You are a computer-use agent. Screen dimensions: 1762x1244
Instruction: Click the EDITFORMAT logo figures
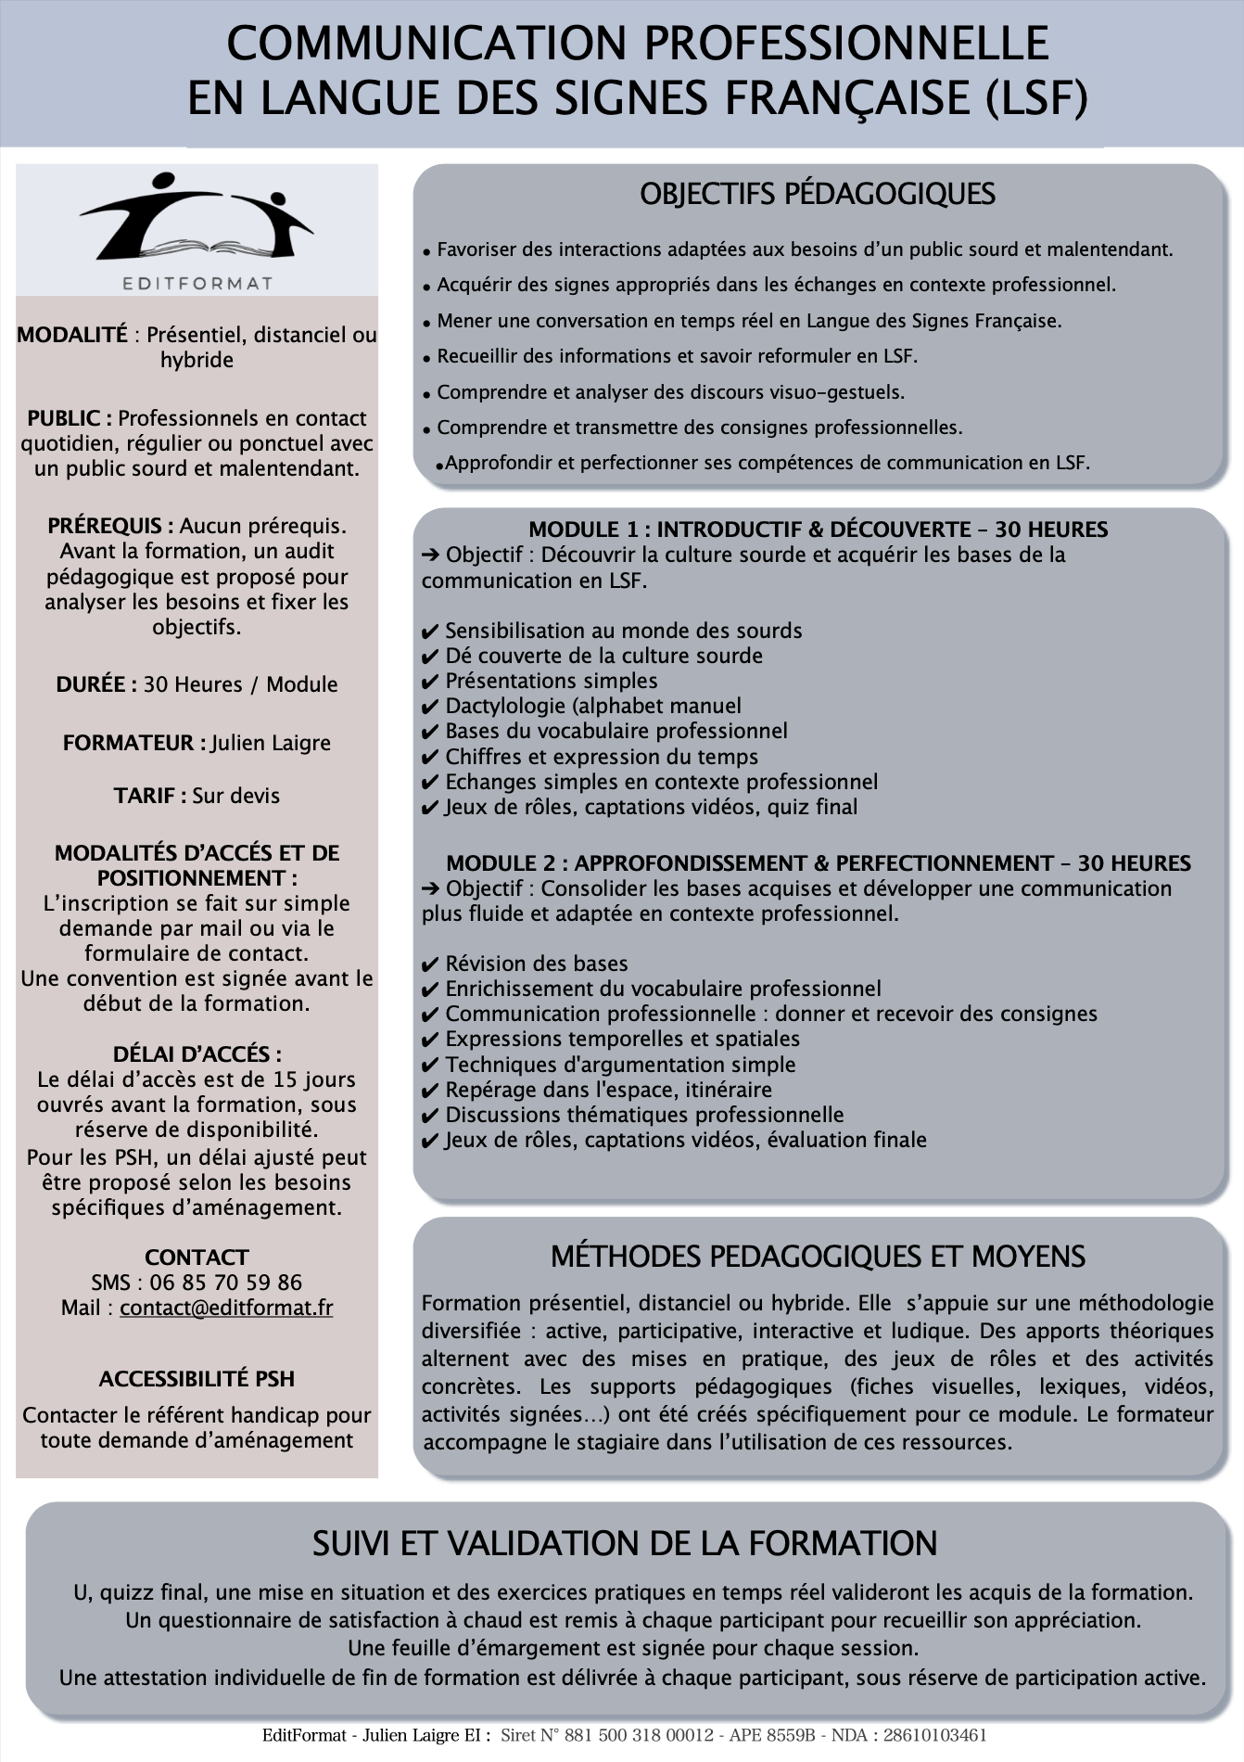pyautogui.click(x=197, y=217)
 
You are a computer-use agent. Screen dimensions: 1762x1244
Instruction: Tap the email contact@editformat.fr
pyautogui.click(x=226, y=1308)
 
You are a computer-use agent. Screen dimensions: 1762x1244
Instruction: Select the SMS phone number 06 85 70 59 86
pyautogui.click(x=226, y=1283)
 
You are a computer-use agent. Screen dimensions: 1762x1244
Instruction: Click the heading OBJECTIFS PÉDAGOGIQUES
pyautogui.click(x=817, y=194)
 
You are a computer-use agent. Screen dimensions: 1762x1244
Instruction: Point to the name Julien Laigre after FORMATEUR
pyautogui.click(x=271, y=743)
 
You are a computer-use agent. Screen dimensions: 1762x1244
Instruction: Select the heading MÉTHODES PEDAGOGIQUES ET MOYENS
pyautogui.click(x=818, y=1257)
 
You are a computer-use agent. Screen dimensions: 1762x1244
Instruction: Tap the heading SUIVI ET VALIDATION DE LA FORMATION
pyautogui.click(x=624, y=1543)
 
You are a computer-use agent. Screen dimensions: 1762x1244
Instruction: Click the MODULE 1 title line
pyautogui.click(x=818, y=530)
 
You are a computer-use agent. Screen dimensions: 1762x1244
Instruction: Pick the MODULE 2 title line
pyautogui.click(x=818, y=863)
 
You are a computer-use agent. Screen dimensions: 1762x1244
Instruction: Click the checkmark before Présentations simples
pyautogui.click(x=429, y=682)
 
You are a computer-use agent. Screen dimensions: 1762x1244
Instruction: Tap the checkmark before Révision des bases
pyautogui.click(x=429, y=964)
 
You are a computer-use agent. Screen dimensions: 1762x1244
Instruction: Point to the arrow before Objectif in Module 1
pyautogui.click(x=430, y=555)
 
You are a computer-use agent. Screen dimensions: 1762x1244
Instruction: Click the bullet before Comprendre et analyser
pyautogui.click(x=426, y=394)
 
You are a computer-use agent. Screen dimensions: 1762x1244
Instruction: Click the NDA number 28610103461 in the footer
pyautogui.click(x=934, y=1735)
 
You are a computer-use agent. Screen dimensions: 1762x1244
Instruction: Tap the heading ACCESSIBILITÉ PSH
pyautogui.click(x=197, y=1379)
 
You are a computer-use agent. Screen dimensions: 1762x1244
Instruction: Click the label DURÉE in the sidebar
pyautogui.click(x=95, y=684)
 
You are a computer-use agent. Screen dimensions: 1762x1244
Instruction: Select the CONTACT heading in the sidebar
pyautogui.click(x=197, y=1258)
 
